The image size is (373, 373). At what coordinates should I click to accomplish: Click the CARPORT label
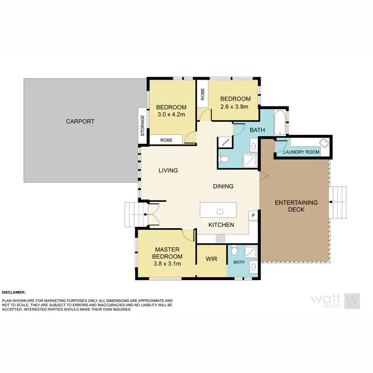pyautogui.click(x=80, y=121)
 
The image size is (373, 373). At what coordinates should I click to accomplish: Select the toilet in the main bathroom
pyautogui.click(x=224, y=159)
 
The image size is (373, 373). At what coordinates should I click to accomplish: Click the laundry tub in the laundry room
pyautogui.click(x=324, y=144)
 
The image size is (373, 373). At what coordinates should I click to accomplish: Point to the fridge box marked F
pyautogui.click(x=254, y=215)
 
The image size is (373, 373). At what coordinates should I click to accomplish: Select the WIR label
pyautogui.click(x=212, y=259)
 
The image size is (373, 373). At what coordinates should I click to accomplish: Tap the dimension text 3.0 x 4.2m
pyautogui.click(x=171, y=115)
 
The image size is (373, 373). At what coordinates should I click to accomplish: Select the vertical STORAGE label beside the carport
pyautogui.click(x=143, y=125)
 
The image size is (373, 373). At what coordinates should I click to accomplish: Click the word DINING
pyautogui.click(x=223, y=186)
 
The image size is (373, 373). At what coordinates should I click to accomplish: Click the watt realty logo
pyautogui.click(x=335, y=300)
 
